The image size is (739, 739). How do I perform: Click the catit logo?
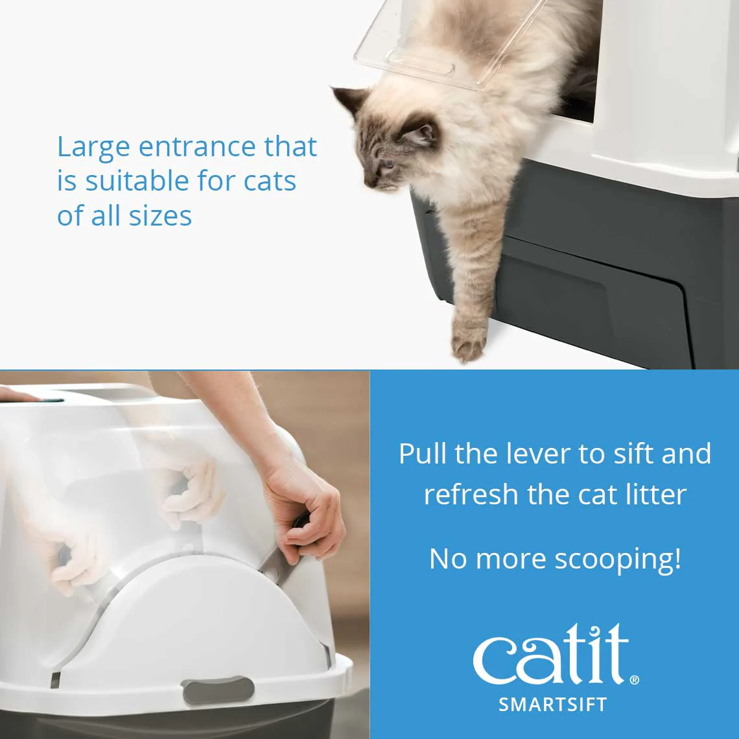tap(551, 655)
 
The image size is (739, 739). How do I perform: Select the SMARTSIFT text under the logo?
tap(552, 705)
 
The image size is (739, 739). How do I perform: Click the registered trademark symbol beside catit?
tap(634, 680)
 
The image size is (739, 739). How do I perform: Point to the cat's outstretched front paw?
tap(468, 340)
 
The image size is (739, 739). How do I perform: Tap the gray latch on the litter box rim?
tap(217, 690)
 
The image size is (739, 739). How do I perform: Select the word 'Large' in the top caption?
tap(93, 148)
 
